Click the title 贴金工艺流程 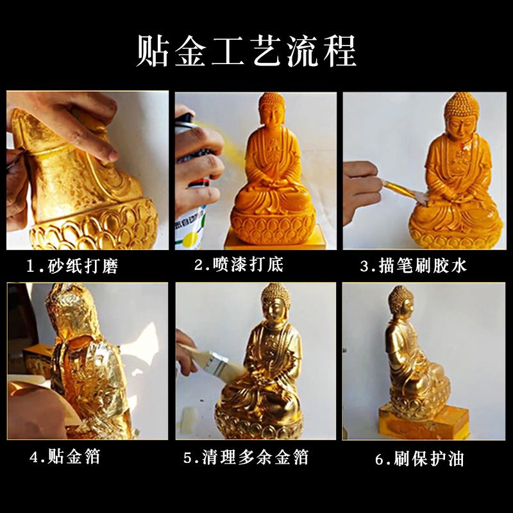pos(246,51)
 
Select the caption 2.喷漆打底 pos(239,264)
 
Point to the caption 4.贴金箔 pos(64,457)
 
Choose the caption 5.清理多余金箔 pos(246,457)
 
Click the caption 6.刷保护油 pos(419,458)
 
